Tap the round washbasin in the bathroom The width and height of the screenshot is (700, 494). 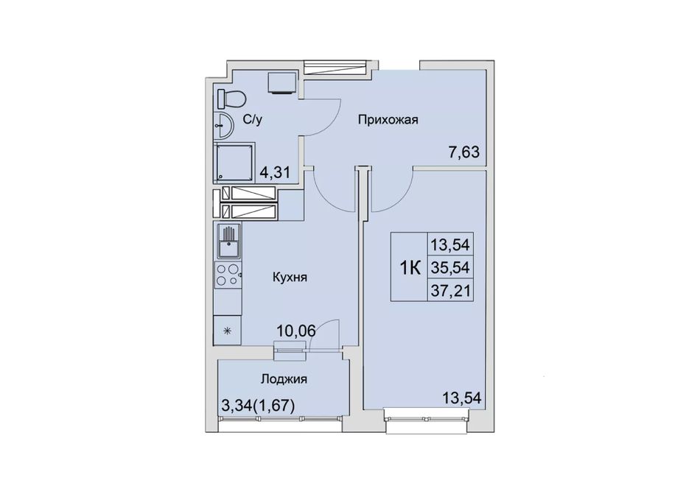(223, 125)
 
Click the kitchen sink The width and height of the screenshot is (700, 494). (228, 241)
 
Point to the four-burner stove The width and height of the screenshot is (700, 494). (228, 275)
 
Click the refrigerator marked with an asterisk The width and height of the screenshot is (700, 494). (228, 331)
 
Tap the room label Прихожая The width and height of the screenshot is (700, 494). (388, 120)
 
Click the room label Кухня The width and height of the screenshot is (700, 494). (290, 278)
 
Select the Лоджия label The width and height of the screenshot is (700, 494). (284, 379)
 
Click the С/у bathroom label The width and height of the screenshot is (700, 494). (252, 120)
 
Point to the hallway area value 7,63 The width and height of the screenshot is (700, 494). (463, 152)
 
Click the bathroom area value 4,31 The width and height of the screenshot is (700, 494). (275, 172)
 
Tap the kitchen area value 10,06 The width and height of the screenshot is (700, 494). (296, 331)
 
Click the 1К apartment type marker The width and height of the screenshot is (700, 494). (410, 268)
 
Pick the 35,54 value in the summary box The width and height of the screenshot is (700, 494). (450, 267)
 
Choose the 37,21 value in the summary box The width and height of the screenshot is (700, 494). (450, 291)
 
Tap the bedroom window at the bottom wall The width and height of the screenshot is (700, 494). (427, 419)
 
